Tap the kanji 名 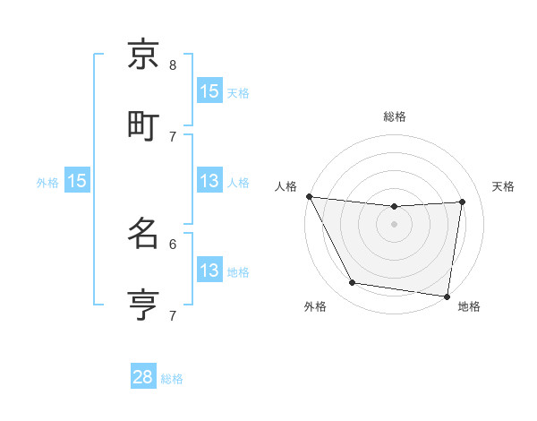pyautogui.click(x=144, y=234)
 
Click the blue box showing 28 pyautogui.click(x=143, y=377)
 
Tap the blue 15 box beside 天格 pyautogui.click(x=209, y=90)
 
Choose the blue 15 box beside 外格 pyautogui.click(x=77, y=181)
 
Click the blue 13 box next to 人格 pyautogui.click(x=209, y=181)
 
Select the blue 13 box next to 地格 pyautogui.click(x=209, y=271)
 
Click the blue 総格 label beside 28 pyautogui.click(x=172, y=379)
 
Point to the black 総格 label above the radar pyautogui.click(x=395, y=117)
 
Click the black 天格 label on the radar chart pyautogui.click(x=504, y=186)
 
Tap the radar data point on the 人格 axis pyautogui.click(x=310, y=196)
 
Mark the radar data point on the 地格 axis pyautogui.click(x=447, y=296)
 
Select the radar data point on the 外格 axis pyautogui.click(x=353, y=283)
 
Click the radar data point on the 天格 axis pyautogui.click(x=463, y=202)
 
